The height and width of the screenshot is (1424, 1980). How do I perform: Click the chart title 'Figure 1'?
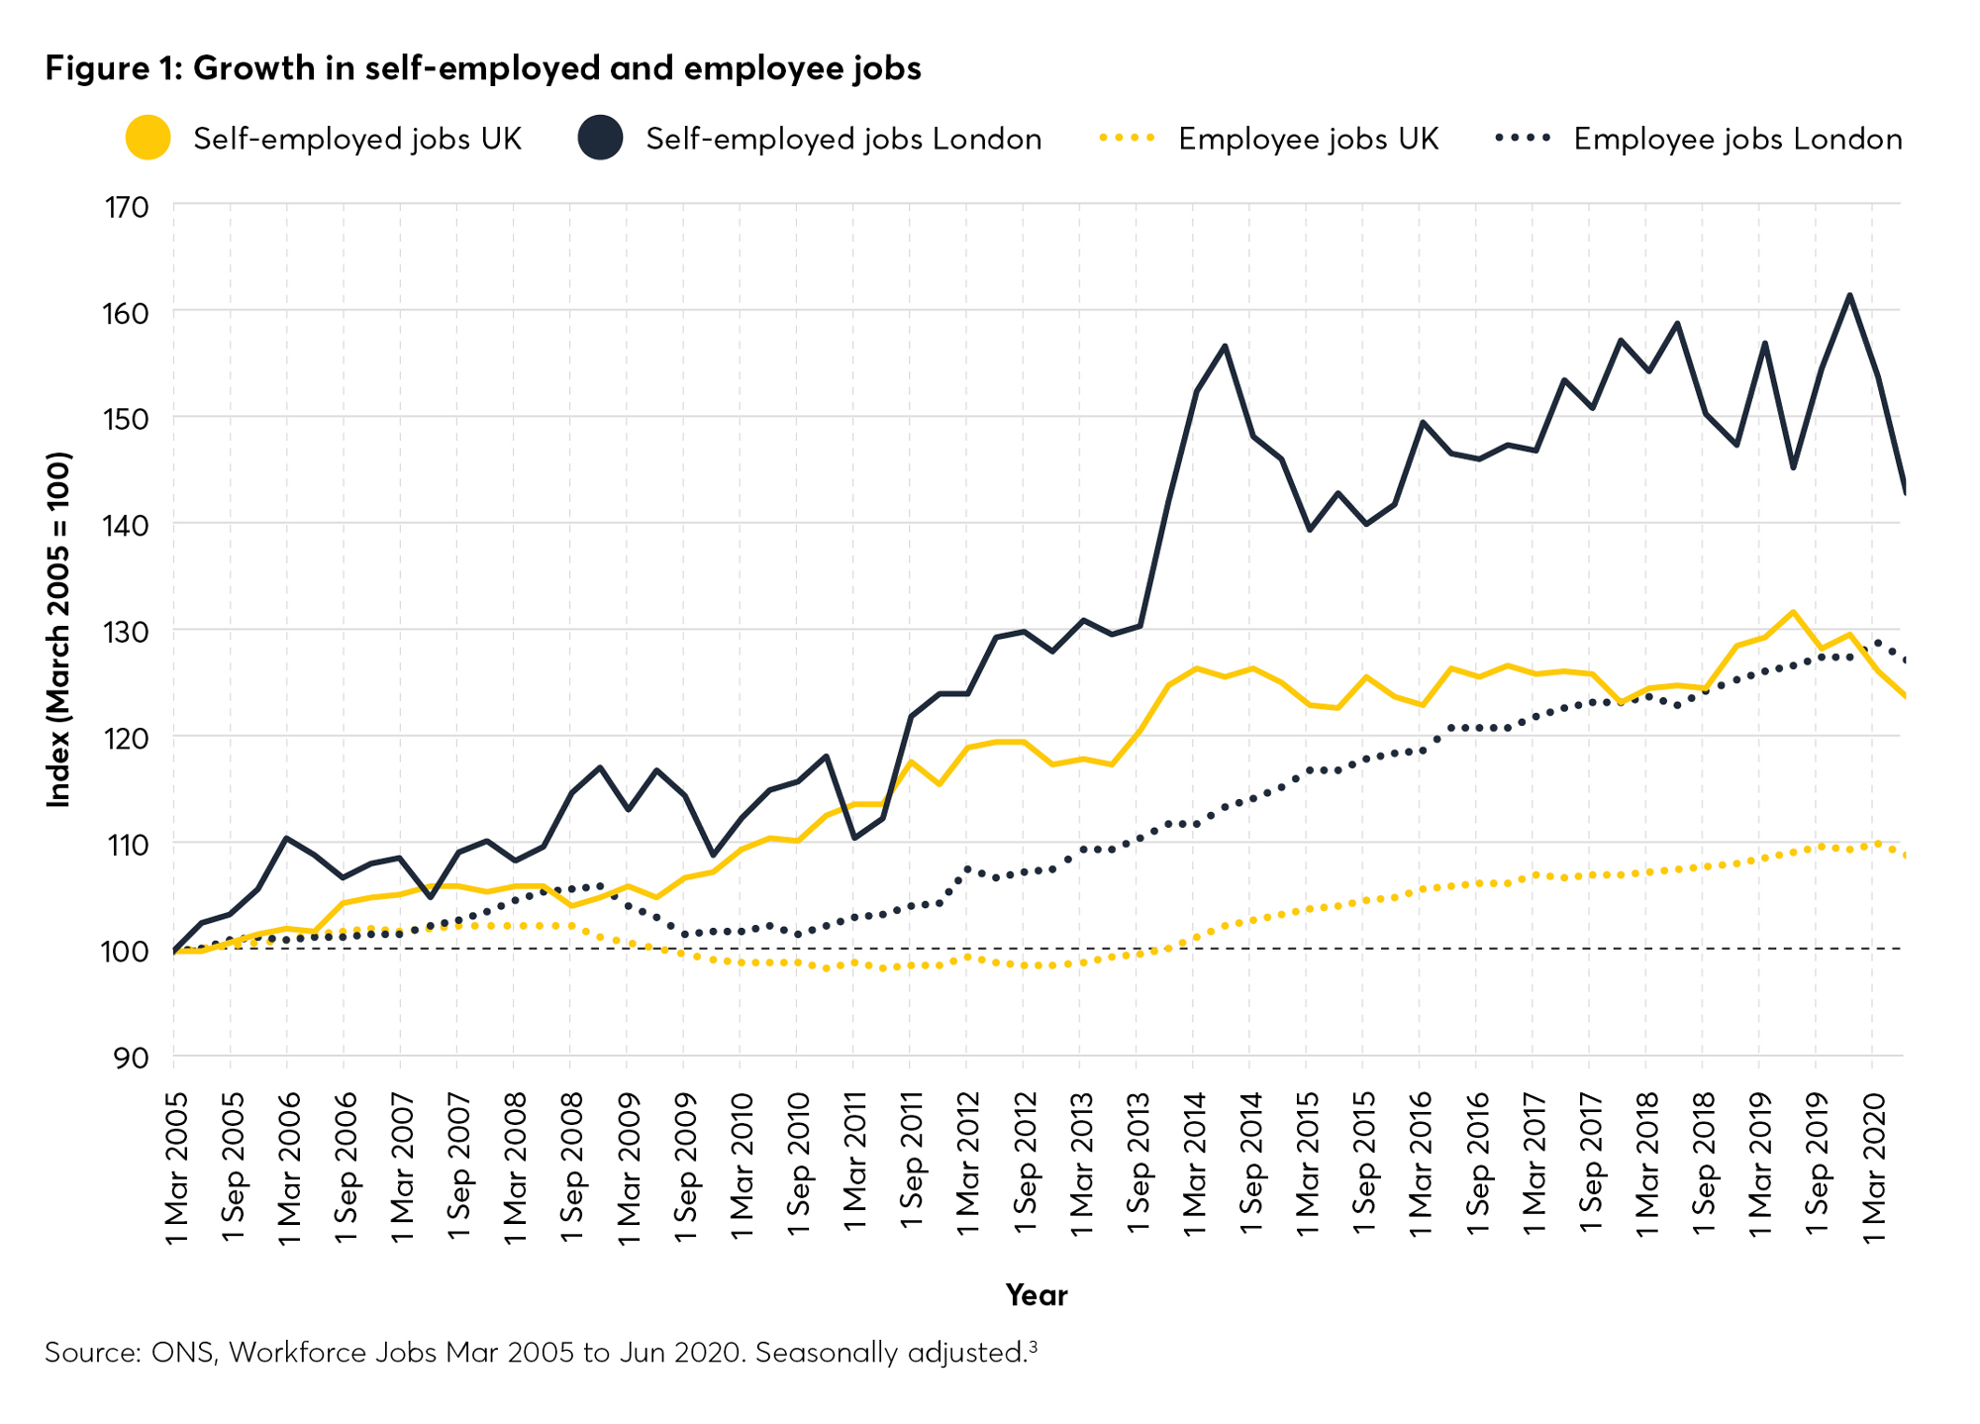[x=482, y=68]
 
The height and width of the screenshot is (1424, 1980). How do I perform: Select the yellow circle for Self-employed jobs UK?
[x=148, y=138]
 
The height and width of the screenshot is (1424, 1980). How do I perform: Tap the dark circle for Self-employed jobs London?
[x=600, y=138]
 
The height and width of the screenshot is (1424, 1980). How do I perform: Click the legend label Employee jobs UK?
[x=1308, y=139]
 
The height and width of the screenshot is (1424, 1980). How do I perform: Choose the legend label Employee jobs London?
[x=1737, y=139]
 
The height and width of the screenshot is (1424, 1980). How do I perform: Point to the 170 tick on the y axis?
[x=127, y=208]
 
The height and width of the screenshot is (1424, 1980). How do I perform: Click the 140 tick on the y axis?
[x=127, y=525]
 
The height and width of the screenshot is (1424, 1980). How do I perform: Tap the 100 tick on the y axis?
[x=127, y=952]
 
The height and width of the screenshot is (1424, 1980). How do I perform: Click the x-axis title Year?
[x=1037, y=1295]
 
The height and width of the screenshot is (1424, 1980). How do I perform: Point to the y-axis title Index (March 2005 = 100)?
[x=59, y=630]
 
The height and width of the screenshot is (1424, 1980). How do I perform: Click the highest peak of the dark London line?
[x=1849, y=295]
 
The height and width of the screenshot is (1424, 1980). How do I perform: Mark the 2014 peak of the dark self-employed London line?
[x=1226, y=346]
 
